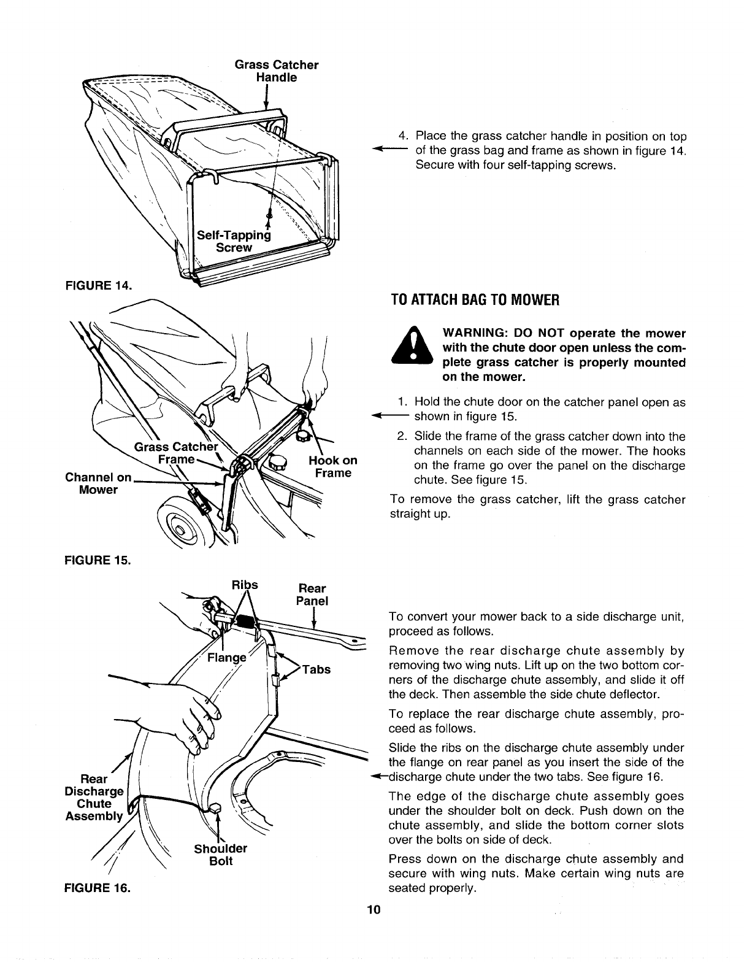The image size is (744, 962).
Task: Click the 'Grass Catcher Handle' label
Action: (277, 71)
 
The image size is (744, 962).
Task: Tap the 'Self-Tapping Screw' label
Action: (233, 241)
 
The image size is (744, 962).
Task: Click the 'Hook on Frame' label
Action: (332, 467)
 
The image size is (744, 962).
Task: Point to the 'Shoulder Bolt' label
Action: (220, 855)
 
